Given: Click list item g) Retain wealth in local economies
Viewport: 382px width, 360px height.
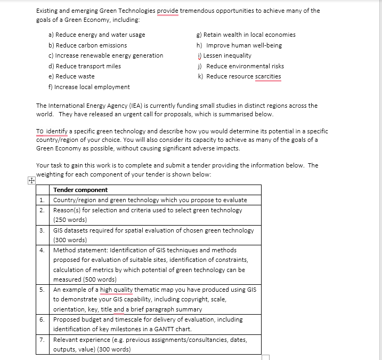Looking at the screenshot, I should tap(246, 35).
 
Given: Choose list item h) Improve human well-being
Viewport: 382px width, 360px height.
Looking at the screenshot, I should tap(239, 45).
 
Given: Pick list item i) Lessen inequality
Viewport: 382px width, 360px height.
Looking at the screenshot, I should tap(224, 55).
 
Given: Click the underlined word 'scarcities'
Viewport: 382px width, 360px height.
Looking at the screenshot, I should tap(268, 76).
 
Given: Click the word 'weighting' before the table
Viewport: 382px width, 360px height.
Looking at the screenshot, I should tap(50, 174).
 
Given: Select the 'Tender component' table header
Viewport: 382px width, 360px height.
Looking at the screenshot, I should tap(80, 190).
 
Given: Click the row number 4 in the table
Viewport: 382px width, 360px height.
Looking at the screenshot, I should tap(42, 250).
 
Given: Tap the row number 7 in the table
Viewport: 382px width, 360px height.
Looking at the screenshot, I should tap(42, 339).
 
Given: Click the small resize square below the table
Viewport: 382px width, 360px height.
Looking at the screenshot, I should tap(266, 358).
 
